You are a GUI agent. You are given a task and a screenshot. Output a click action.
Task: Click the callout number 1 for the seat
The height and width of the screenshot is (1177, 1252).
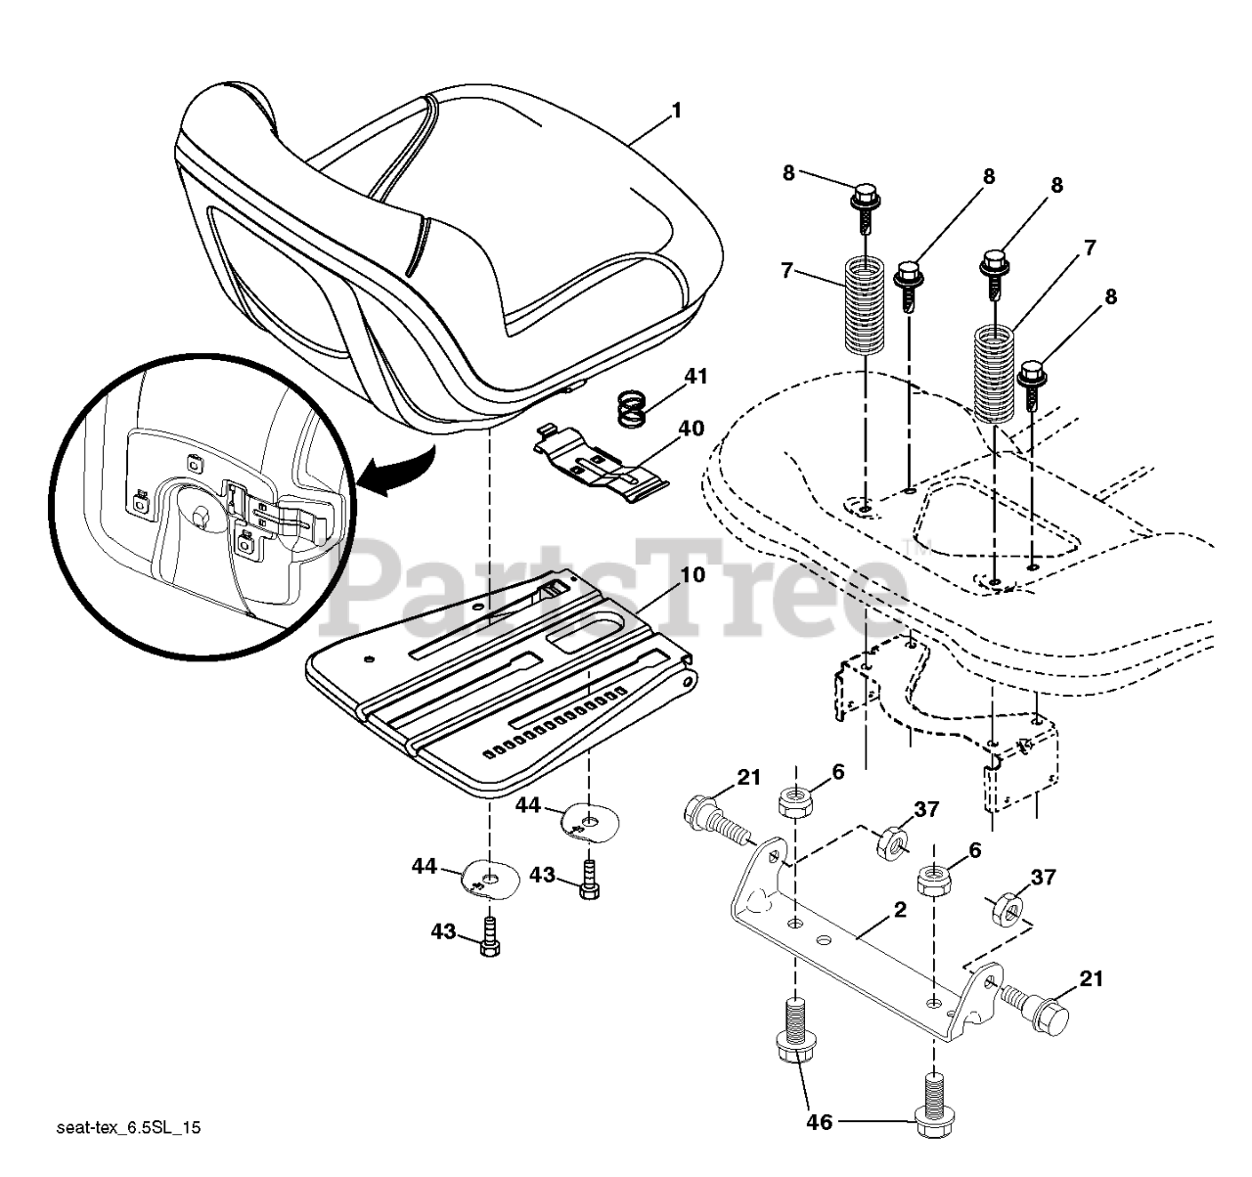[676, 111]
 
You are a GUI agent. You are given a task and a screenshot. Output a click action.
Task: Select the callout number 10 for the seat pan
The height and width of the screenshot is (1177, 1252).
[693, 575]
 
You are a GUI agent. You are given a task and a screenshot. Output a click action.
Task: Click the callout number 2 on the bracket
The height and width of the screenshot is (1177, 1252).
[899, 909]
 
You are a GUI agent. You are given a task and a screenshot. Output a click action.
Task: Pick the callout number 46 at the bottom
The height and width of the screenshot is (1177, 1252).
[820, 1121]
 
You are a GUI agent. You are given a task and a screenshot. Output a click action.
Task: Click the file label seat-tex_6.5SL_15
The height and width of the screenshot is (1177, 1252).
[128, 1129]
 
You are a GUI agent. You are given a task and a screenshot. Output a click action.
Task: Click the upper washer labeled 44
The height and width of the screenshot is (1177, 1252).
[586, 820]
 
